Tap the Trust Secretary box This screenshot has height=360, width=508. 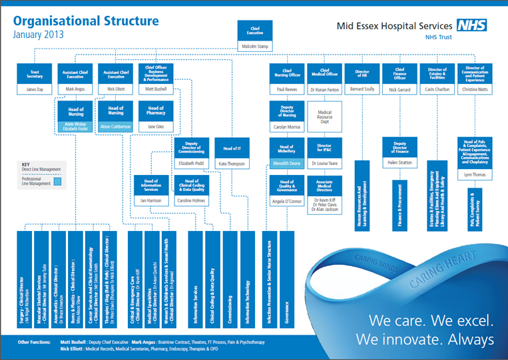click(34, 74)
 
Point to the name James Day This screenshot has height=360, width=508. click(34, 89)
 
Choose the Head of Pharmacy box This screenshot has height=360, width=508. click(156, 110)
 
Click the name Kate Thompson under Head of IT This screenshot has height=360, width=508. click(232, 163)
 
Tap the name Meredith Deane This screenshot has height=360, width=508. click(286, 163)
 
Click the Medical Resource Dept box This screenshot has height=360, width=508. click(324, 117)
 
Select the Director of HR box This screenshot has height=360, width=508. click(362, 74)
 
